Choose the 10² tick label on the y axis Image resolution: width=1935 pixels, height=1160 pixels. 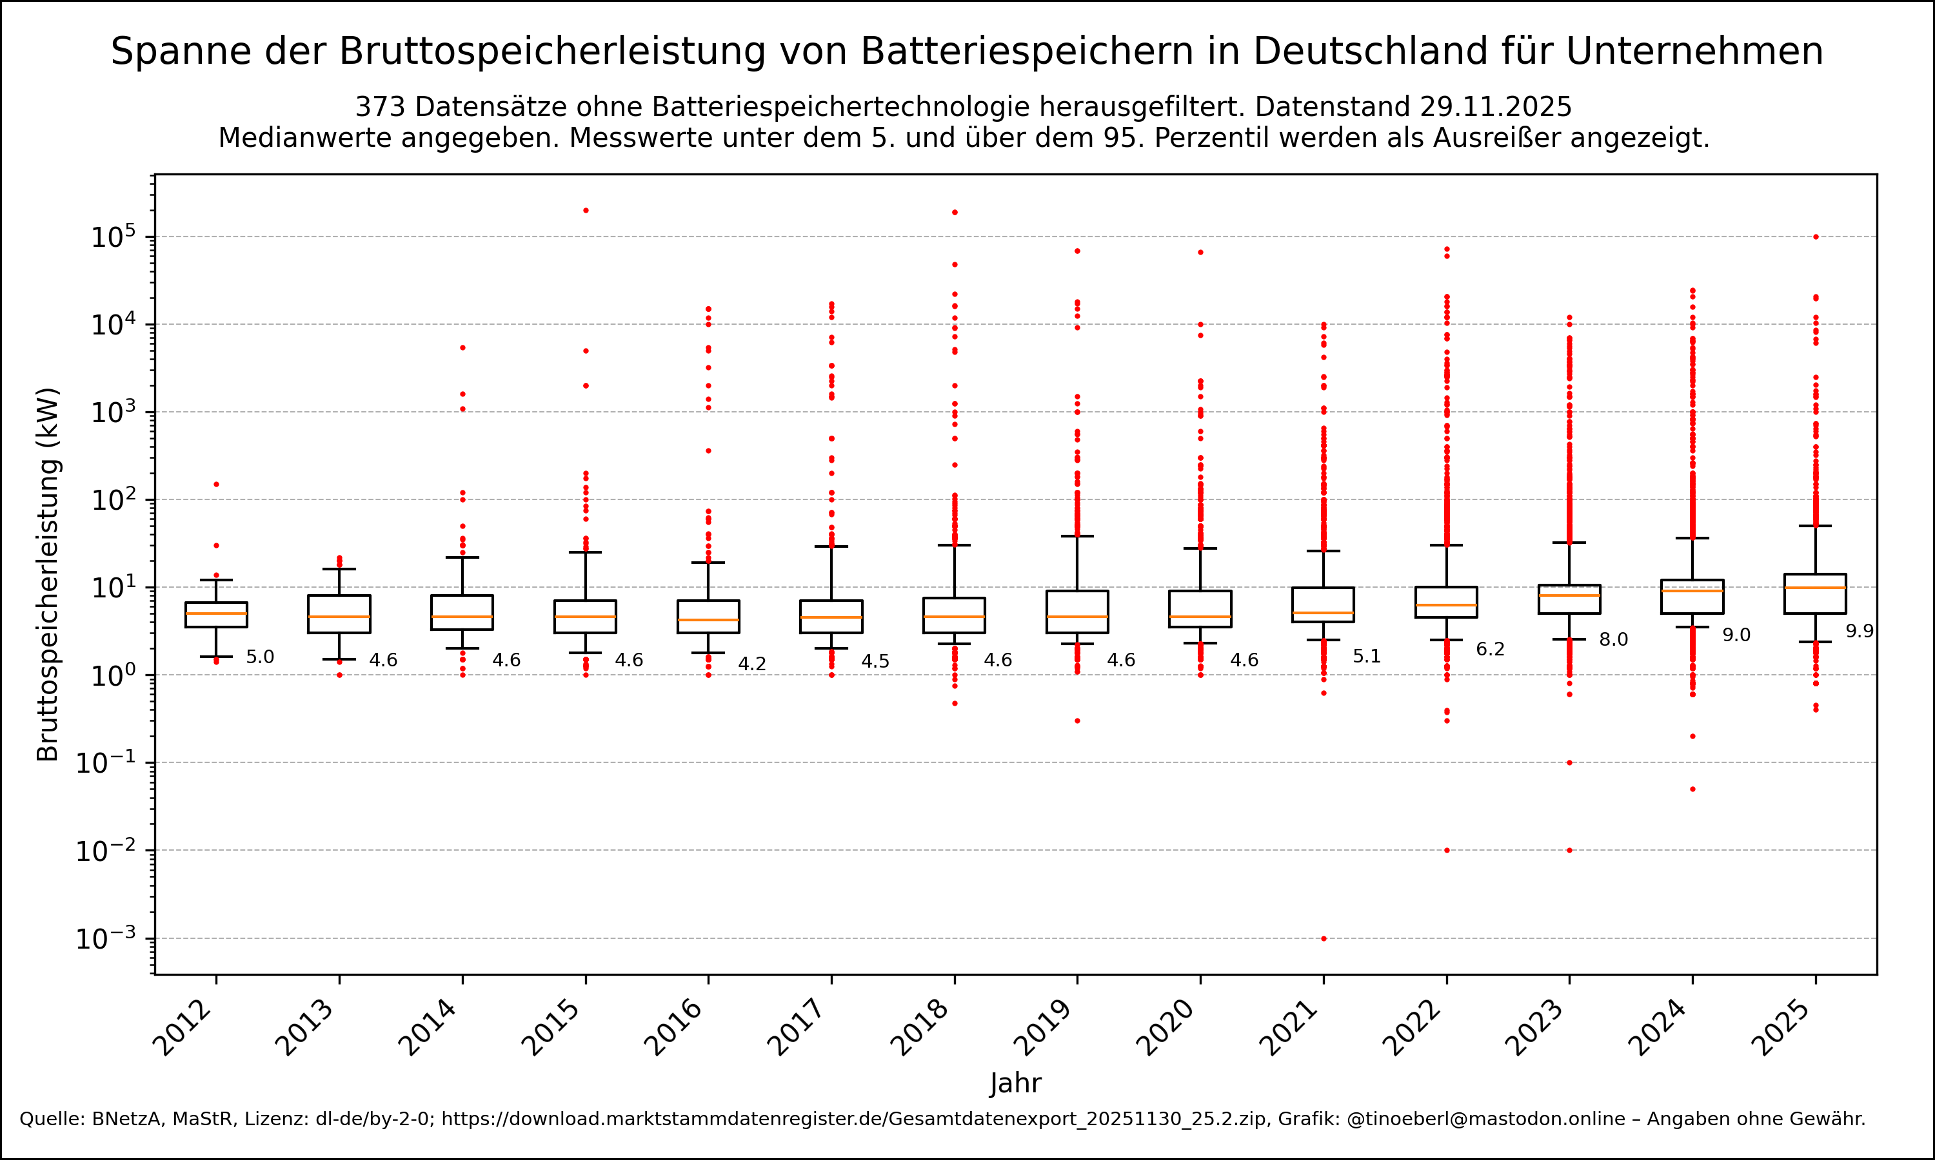point(114,499)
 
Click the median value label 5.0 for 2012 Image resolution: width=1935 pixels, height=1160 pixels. point(260,657)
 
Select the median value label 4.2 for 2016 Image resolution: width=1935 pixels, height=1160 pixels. point(751,664)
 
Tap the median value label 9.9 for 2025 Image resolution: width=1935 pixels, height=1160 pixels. point(1859,632)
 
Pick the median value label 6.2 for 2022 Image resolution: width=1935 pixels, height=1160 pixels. point(1490,650)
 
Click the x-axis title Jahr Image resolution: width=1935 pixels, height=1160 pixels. point(1015,1083)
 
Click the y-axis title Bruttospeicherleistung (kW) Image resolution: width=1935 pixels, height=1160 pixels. point(48,575)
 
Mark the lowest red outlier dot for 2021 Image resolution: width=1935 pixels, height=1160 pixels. point(1324,938)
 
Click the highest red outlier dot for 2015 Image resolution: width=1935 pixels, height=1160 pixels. point(586,210)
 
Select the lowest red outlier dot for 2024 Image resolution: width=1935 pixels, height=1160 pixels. point(1692,789)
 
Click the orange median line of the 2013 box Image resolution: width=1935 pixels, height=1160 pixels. point(339,617)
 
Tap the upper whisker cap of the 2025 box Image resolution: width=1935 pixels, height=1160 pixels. point(1815,526)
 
